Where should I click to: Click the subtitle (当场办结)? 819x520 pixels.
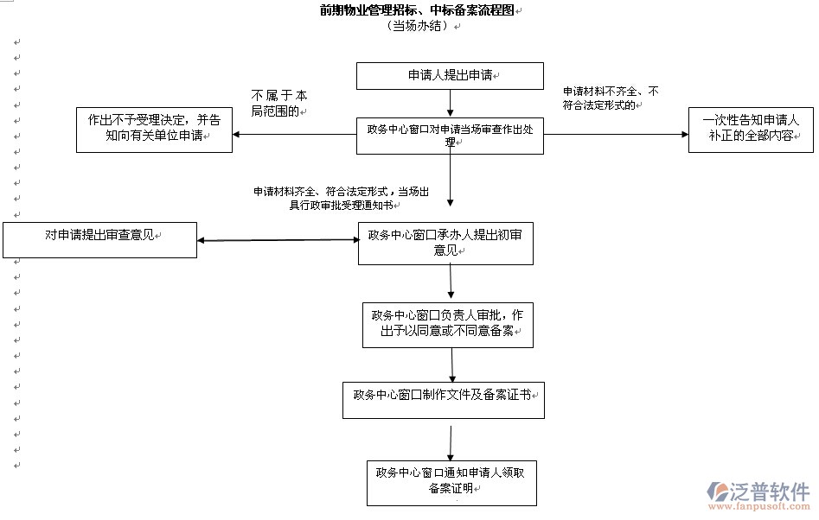(419, 26)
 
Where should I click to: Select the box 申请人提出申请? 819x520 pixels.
(450, 76)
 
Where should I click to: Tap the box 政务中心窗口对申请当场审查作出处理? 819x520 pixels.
(450, 136)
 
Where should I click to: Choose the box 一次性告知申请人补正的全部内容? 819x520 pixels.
(751, 130)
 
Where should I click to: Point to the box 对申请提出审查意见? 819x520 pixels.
(99, 239)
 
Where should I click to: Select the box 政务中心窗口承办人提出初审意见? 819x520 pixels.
(445, 243)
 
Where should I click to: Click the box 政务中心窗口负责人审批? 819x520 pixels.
(448, 324)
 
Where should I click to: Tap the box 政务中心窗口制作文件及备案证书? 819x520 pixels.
(443, 400)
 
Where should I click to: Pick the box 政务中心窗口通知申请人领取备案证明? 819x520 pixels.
(451, 482)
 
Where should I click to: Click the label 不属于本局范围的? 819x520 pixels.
(278, 103)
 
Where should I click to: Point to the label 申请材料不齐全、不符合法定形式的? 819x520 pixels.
(611, 98)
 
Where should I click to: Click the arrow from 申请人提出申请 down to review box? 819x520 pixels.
(450, 103)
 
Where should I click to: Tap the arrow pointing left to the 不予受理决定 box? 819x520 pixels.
(294, 135)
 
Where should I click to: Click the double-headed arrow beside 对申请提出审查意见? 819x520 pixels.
(278, 239)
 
